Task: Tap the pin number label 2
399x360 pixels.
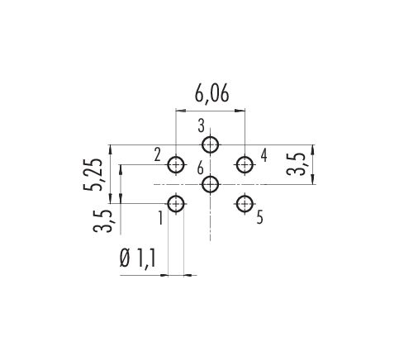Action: [157, 155]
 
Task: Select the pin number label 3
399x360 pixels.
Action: [202, 126]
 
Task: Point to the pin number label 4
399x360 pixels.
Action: [264, 155]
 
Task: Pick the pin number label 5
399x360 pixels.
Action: [259, 217]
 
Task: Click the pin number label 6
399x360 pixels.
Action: [201, 168]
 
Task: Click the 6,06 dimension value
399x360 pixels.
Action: [211, 93]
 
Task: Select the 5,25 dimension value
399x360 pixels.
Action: [93, 174]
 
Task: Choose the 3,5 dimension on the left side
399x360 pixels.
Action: [102, 221]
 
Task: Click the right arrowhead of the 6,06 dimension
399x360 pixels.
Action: [240, 111]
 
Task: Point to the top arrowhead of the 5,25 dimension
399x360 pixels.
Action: [111, 149]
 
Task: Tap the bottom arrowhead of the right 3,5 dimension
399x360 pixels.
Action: [313, 179]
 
